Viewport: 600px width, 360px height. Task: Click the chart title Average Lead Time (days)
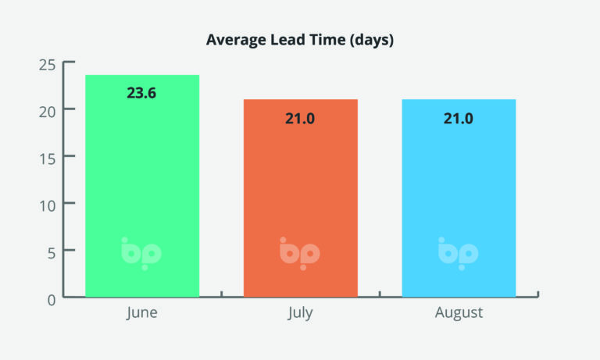point(300,40)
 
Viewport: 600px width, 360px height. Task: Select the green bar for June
point(142,186)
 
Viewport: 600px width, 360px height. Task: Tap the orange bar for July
point(301,198)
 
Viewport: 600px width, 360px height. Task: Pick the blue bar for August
point(459,198)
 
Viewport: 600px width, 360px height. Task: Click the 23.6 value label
point(141,93)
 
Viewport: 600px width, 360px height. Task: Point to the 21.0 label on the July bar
point(300,119)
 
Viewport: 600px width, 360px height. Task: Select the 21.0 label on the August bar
point(459,119)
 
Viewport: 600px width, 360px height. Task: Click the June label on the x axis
point(142,313)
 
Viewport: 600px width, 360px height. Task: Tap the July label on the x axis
point(300,313)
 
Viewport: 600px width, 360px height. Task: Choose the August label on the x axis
point(459,313)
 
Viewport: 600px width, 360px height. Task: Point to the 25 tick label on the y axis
point(47,65)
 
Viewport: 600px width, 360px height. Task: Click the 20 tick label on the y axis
point(47,112)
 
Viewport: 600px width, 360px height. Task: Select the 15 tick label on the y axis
point(48,159)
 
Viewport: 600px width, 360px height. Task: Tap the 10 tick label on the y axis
point(48,206)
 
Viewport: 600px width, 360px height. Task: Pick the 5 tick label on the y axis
point(52,253)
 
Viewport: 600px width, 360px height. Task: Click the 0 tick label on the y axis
point(52,301)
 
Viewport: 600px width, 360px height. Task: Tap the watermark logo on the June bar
point(141,254)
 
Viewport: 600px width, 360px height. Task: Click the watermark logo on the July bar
point(300,254)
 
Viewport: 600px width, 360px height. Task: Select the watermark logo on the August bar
point(458,254)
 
